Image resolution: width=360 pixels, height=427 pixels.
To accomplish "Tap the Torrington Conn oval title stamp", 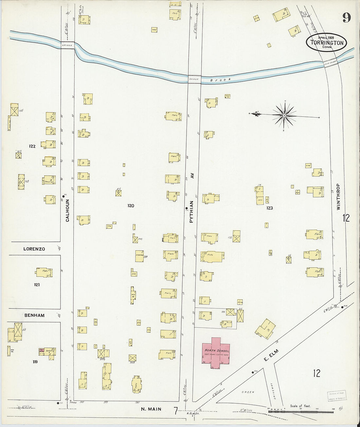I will click(326, 43).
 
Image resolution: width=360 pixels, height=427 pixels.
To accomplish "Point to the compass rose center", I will click(284, 115).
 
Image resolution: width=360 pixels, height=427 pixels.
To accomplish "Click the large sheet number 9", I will click(347, 18).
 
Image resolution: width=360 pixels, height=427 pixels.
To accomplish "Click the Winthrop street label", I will click(338, 196).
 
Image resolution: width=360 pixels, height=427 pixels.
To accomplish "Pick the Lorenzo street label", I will click(34, 249).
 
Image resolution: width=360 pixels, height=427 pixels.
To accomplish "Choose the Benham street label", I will click(34, 315).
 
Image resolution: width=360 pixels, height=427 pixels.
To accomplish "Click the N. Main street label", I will click(151, 409).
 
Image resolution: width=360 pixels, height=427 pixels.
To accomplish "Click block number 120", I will click(131, 206).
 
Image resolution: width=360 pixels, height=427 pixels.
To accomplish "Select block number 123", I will click(269, 208).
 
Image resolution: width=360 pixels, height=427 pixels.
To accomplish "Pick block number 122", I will click(32, 146).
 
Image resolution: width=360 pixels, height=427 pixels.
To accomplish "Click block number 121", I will click(37, 285).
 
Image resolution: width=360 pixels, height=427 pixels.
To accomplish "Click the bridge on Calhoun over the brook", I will click(68, 45).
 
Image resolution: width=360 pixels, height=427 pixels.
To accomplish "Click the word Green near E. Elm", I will click(248, 392).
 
